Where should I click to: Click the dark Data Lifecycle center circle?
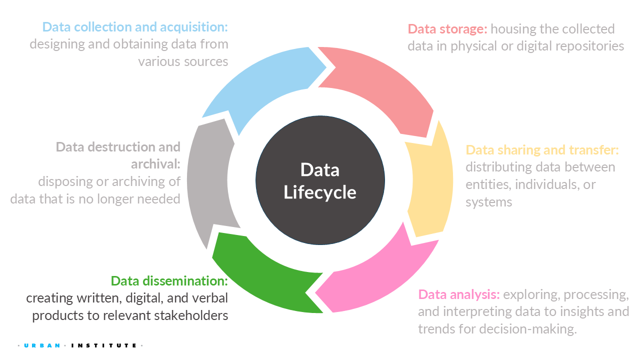click(320, 180)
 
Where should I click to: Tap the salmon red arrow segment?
click(380, 83)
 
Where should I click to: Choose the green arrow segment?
click(263, 277)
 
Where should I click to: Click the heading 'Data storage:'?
click(447, 29)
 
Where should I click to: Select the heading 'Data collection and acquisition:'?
click(135, 27)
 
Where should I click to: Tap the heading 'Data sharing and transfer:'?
click(542, 150)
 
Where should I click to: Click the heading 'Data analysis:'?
click(459, 294)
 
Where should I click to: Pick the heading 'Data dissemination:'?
click(169, 281)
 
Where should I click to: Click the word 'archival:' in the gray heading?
click(155, 164)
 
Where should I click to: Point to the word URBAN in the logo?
click(42, 345)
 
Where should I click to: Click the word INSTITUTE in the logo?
click(103, 345)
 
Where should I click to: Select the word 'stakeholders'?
click(191, 315)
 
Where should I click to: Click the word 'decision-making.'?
click(528, 329)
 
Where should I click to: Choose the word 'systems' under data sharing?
click(489, 202)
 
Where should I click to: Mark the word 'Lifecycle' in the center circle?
click(319, 192)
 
